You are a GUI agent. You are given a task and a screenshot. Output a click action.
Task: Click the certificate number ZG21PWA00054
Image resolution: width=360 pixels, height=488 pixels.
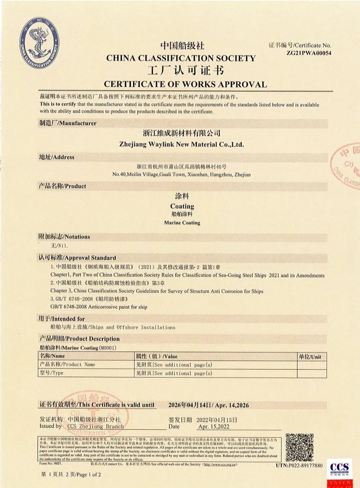coord(309,53)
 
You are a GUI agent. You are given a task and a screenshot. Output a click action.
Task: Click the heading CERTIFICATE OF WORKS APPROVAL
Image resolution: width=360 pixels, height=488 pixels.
coord(185,84)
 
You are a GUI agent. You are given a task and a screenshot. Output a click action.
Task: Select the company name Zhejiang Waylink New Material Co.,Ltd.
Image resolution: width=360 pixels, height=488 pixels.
coord(182,144)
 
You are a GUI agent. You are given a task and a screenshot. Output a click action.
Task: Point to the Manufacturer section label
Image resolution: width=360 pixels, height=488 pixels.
coord(68,123)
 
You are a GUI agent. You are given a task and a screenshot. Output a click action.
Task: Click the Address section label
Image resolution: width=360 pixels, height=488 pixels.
coord(57,157)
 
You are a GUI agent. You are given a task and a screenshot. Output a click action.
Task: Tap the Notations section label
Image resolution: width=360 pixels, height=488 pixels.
coord(64,237)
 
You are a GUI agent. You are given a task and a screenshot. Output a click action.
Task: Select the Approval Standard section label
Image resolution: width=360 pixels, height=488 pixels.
coord(77,258)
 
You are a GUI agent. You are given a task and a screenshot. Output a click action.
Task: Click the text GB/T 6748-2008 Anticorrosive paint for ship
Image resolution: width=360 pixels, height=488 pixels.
coord(99,307)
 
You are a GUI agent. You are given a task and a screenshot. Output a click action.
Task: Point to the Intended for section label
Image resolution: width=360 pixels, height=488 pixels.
coord(61,319)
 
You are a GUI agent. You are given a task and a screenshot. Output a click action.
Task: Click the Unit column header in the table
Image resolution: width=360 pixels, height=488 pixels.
coord(310,357)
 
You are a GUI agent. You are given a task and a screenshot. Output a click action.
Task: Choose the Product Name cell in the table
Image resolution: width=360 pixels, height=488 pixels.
coord(67,365)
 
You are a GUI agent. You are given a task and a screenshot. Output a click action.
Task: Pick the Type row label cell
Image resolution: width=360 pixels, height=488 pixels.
coord(52,373)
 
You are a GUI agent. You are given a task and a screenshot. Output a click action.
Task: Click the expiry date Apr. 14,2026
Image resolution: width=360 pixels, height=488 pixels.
coord(232,405)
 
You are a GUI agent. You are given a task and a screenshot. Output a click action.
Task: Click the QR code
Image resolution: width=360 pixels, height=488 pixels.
coord(300,447)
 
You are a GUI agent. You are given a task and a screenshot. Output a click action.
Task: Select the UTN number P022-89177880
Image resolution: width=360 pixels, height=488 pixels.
coord(299,465)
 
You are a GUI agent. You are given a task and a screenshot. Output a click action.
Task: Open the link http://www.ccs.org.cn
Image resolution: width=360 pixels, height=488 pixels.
coord(220,464)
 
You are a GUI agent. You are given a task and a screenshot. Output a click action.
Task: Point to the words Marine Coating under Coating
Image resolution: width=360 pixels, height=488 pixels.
coord(182,223)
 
